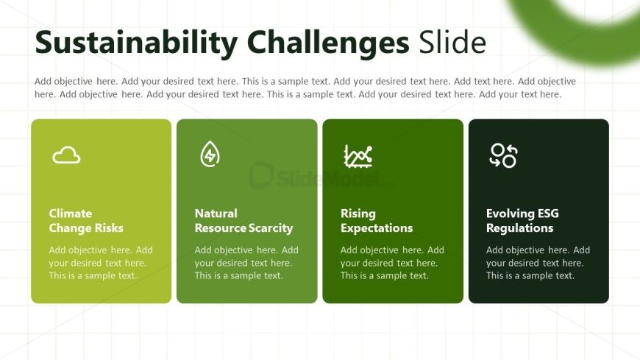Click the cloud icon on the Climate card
(66, 155)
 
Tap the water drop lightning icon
(210, 154)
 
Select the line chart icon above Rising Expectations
(358, 155)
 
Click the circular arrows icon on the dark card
(503, 155)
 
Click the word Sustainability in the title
(136, 43)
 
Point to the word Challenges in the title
(328, 43)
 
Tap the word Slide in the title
(452, 42)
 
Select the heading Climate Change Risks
(86, 221)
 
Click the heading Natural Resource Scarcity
(243, 221)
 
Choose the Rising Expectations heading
(377, 221)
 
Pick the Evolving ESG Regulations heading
(522, 221)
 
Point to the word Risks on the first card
(109, 228)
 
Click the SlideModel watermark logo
(318, 176)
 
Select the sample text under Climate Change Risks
(101, 263)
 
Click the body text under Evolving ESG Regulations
(538, 263)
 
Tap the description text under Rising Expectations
(392, 263)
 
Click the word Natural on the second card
(216, 213)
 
